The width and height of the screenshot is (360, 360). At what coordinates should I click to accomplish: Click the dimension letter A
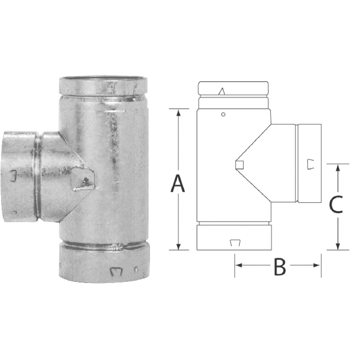177,183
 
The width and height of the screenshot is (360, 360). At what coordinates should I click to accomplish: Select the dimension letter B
280,268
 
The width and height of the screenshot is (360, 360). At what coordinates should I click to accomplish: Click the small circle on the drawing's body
223,115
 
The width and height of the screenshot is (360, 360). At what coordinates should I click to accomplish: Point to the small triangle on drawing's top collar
222,91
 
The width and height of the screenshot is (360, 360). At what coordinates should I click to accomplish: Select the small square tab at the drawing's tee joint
239,163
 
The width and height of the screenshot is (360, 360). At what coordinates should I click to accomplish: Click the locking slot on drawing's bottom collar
234,242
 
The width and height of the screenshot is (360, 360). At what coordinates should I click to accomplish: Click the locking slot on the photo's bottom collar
116,271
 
